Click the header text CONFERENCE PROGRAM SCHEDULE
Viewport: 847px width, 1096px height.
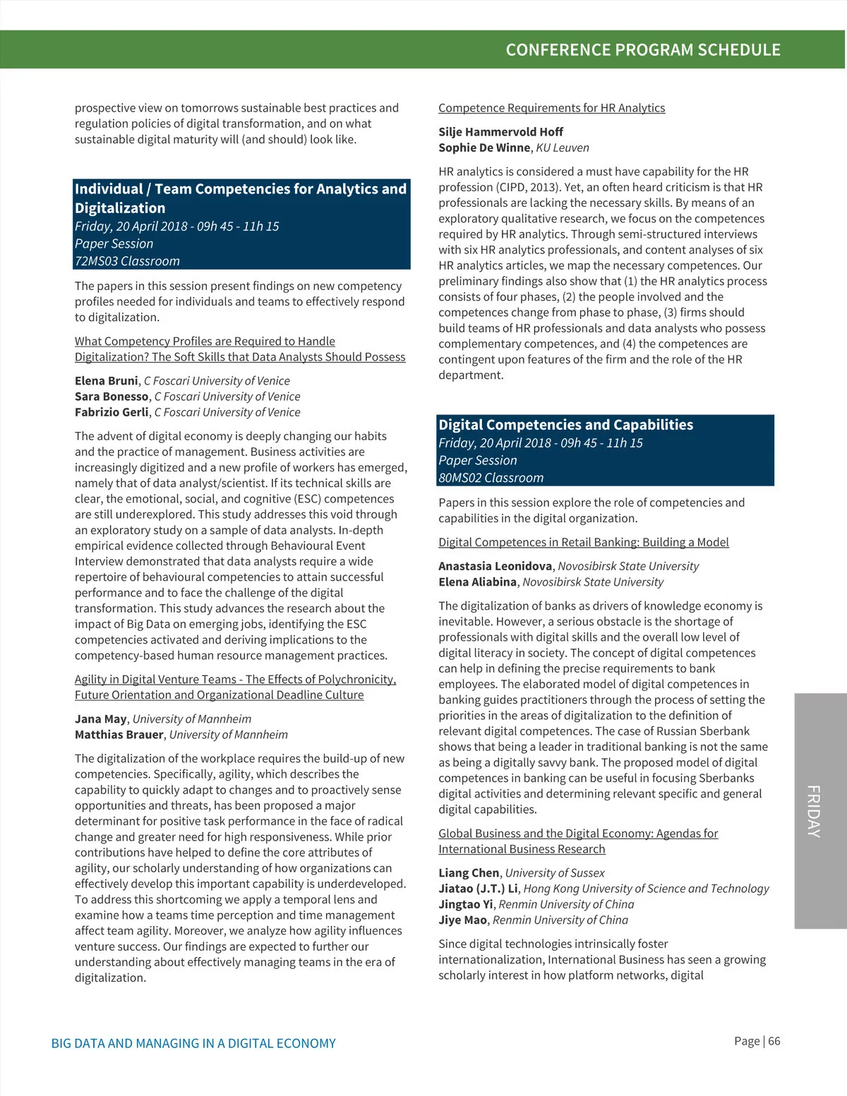click(643, 50)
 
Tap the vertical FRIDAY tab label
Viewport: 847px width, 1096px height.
click(815, 811)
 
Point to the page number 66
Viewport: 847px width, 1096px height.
click(774, 1041)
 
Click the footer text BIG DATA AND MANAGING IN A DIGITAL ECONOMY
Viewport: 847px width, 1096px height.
click(193, 1043)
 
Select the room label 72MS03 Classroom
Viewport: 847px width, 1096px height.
click(128, 261)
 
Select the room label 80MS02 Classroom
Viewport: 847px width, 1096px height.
click(491, 478)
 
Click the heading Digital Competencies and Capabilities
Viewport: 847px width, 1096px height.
click(565, 425)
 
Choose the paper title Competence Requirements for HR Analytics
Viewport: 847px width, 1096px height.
click(551, 108)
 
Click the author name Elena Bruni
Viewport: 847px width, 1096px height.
click(107, 381)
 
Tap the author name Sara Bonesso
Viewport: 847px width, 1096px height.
click(112, 397)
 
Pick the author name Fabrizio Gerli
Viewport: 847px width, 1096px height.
click(112, 412)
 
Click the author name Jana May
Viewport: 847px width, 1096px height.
click(101, 719)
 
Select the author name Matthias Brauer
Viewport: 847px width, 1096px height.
click(119, 735)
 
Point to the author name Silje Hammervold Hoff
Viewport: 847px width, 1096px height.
click(500, 132)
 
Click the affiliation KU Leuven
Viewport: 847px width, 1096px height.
click(563, 147)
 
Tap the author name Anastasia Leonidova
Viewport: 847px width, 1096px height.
click(495, 566)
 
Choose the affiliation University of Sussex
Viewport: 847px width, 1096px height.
click(555, 873)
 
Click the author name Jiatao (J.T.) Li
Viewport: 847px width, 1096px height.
click(478, 889)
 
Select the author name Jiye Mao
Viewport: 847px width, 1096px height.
click(462, 920)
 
